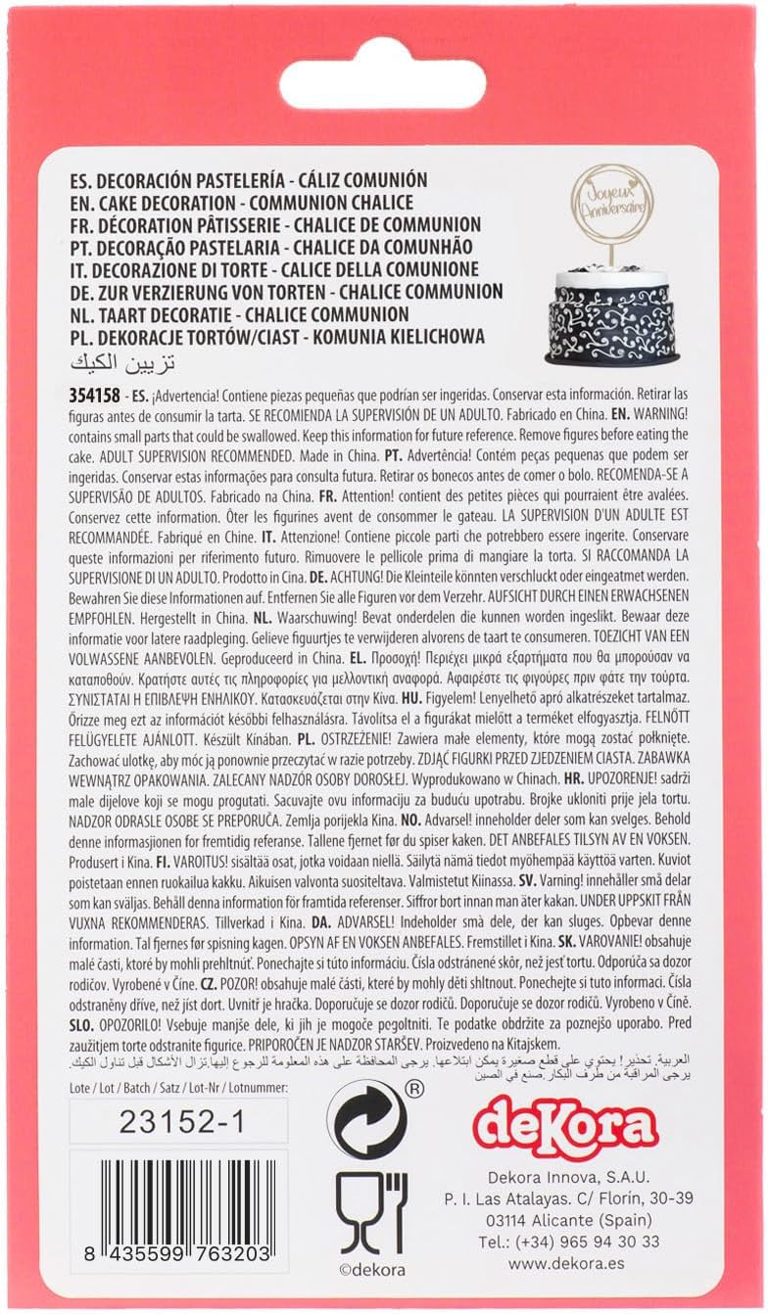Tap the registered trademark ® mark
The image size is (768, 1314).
tap(413, 1086)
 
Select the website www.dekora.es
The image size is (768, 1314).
tap(562, 1265)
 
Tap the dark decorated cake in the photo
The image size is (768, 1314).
tap(612, 313)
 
